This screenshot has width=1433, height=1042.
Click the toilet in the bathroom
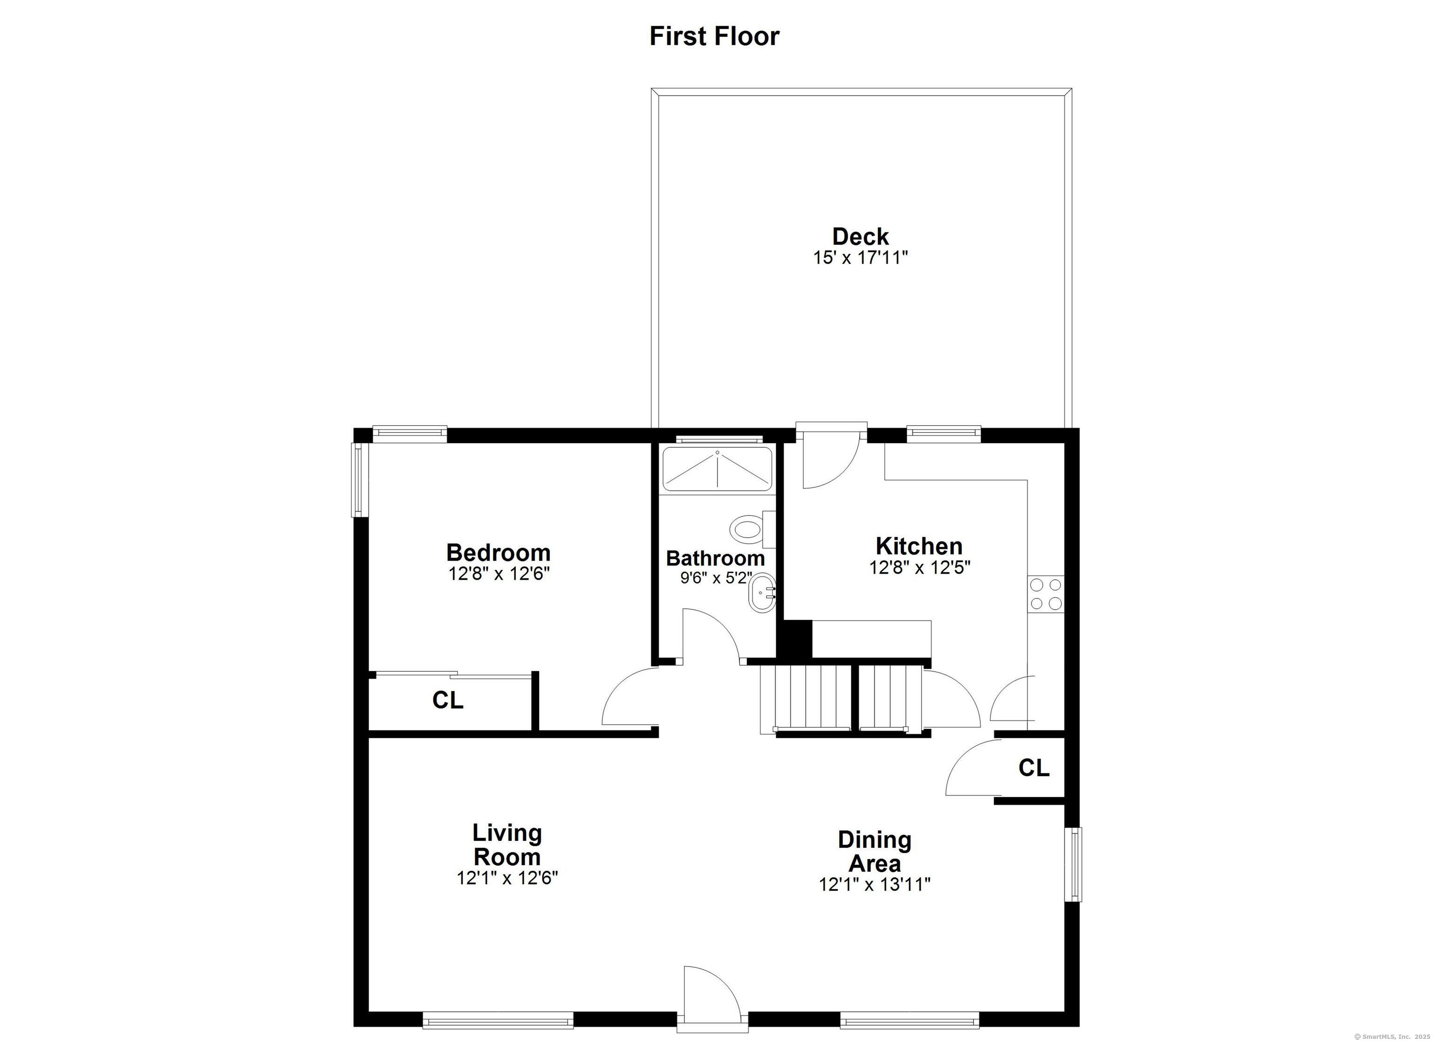pyautogui.click(x=752, y=529)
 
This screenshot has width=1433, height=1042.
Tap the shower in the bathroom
pyautogui.click(x=717, y=468)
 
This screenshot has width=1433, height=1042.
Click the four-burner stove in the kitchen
pyautogui.click(x=1046, y=593)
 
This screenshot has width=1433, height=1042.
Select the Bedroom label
pyautogui.click(x=499, y=553)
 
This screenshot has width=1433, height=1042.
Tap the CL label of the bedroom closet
pyautogui.click(x=448, y=700)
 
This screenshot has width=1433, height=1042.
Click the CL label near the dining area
pyautogui.click(x=1034, y=768)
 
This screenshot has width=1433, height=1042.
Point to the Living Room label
pyautogui.click(x=508, y=845)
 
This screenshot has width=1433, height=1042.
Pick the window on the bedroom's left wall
pyautogui.click(x=360, y=479)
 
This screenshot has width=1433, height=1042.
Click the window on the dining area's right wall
pyautogui.click(x=1073, y=864)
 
